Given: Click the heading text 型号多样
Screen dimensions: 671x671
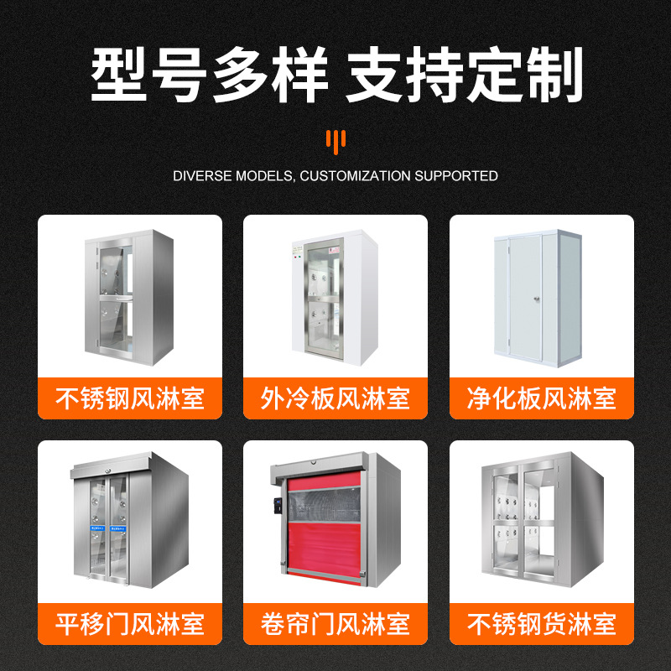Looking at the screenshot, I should pyautogui.click(x=208, y=77).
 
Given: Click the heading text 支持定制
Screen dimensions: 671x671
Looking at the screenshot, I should pyautogui.click(x=465, y=77).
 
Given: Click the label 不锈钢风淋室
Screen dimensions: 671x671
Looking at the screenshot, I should pyautogui.click(x=130, y=398).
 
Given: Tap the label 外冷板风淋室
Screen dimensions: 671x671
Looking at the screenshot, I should pyautogui.click(x=335, y=398).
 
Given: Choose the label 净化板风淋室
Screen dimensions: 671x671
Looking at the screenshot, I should pyautogui.click(x=542, y=398).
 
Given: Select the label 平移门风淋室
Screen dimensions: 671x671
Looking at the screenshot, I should pyautogui.click(x=130, y=624).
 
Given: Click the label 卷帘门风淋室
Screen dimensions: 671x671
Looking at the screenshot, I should pyautogui.click(x=335, y=624).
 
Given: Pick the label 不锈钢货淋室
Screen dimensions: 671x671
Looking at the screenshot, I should pyautogui.click(x=542, y=624).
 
